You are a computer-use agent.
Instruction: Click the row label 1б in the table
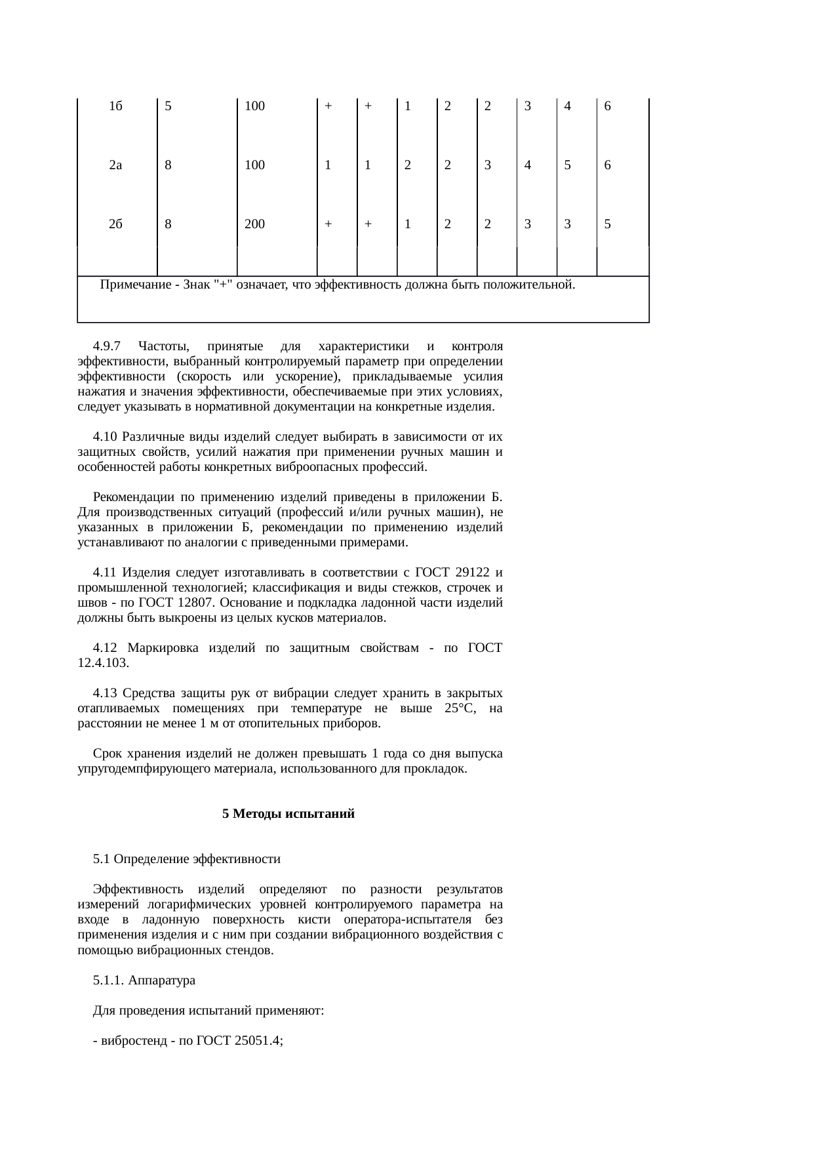[116, 106]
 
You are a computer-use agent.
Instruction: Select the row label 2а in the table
[116, 165]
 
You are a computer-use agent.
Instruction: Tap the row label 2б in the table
[116, 224]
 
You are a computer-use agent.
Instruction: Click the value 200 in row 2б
[254, 224]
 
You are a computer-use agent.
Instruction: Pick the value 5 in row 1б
[169, 106]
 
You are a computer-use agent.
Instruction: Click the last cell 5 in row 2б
[608, 224]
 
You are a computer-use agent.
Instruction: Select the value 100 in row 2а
[254, 165]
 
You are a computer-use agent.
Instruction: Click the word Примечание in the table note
[131, 285]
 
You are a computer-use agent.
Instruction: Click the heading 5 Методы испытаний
[288, 814]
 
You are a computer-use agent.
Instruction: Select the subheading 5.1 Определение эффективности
[187, 859]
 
